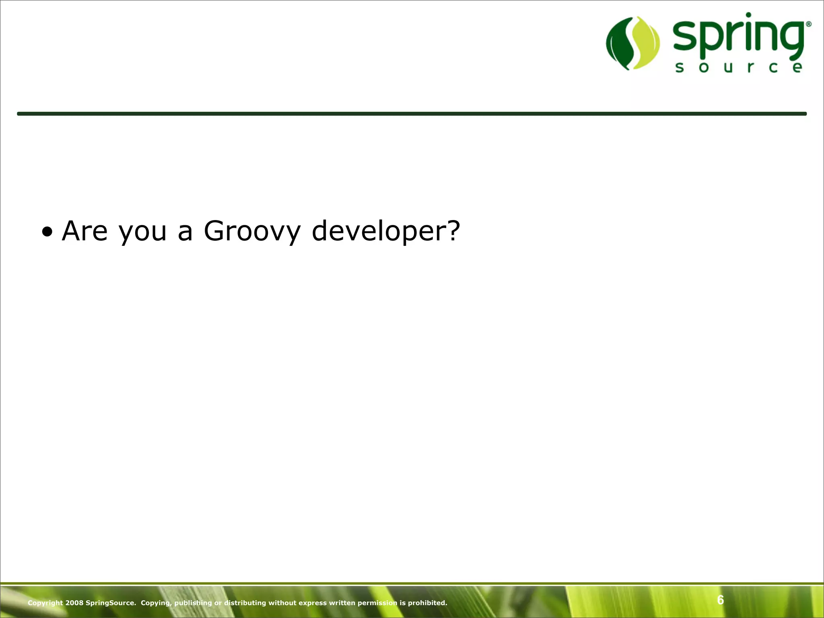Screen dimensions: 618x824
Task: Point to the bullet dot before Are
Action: point(47,232)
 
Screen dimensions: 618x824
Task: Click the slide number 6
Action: point(720,600)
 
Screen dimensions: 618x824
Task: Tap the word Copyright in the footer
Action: point(45,603)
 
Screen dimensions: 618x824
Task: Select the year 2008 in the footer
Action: point(74,603)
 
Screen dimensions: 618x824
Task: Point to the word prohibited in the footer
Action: point(427,603)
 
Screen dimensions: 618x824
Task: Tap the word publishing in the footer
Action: point(193,603)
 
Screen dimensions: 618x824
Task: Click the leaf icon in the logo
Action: point(633,43)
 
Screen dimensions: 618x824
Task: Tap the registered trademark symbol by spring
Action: point(808,25)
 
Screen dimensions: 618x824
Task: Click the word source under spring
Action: point(738,67)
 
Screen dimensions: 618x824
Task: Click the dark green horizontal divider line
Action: point(412,114)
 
